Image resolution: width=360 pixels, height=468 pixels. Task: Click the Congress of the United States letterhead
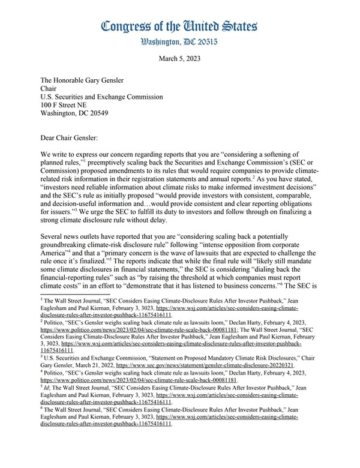(180, 26)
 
